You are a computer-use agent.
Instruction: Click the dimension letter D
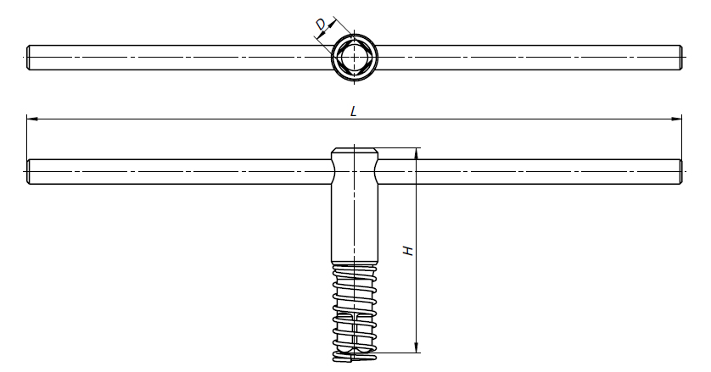[321, 24]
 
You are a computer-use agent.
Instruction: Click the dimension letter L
[354, 111]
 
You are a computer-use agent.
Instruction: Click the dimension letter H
[409, 251]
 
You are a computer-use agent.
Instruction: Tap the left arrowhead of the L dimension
[31, 119]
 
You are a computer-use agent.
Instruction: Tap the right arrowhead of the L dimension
[676, 119]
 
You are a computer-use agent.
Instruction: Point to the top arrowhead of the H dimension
[417, 153]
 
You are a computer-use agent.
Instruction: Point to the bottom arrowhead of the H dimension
[417, 347]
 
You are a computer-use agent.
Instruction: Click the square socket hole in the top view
[354, 58]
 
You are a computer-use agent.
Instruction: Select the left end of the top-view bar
[28, 58]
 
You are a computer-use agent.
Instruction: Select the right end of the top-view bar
[680, 58]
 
